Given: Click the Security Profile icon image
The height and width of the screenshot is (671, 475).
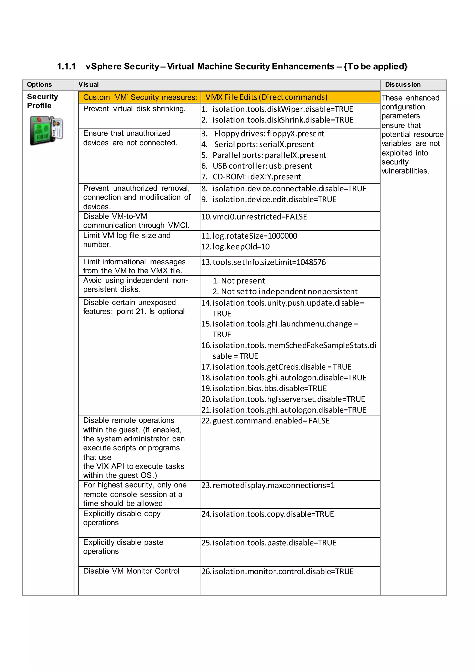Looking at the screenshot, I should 46,130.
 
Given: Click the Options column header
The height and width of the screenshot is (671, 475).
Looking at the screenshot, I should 39,85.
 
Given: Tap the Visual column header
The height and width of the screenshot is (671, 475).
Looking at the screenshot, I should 89,85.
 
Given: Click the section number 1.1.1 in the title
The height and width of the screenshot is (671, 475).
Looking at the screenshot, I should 66,67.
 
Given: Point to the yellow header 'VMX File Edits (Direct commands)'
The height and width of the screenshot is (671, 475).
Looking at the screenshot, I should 266,97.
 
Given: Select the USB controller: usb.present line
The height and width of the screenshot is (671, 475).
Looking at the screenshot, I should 262,166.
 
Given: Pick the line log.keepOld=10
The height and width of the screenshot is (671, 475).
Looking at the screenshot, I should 241,247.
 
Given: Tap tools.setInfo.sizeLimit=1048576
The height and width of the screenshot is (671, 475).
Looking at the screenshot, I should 269,262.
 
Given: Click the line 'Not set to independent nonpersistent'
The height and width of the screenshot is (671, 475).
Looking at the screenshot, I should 289,291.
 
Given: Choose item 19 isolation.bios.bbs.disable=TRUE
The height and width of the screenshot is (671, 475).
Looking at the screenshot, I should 269,388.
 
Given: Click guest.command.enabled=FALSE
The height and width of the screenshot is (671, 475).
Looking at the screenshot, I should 271,421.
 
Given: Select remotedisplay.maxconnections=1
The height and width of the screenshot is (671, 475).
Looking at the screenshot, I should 273,485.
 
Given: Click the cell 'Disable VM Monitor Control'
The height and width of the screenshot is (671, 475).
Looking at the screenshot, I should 131,571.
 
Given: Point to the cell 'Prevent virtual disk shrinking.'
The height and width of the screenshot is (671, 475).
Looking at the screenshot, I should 134,109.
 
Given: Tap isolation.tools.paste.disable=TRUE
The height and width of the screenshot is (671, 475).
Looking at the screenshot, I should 274,543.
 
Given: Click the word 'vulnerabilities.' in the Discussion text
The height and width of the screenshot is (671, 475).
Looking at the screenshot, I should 405,171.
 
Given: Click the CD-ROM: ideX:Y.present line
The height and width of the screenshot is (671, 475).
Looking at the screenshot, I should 257,177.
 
